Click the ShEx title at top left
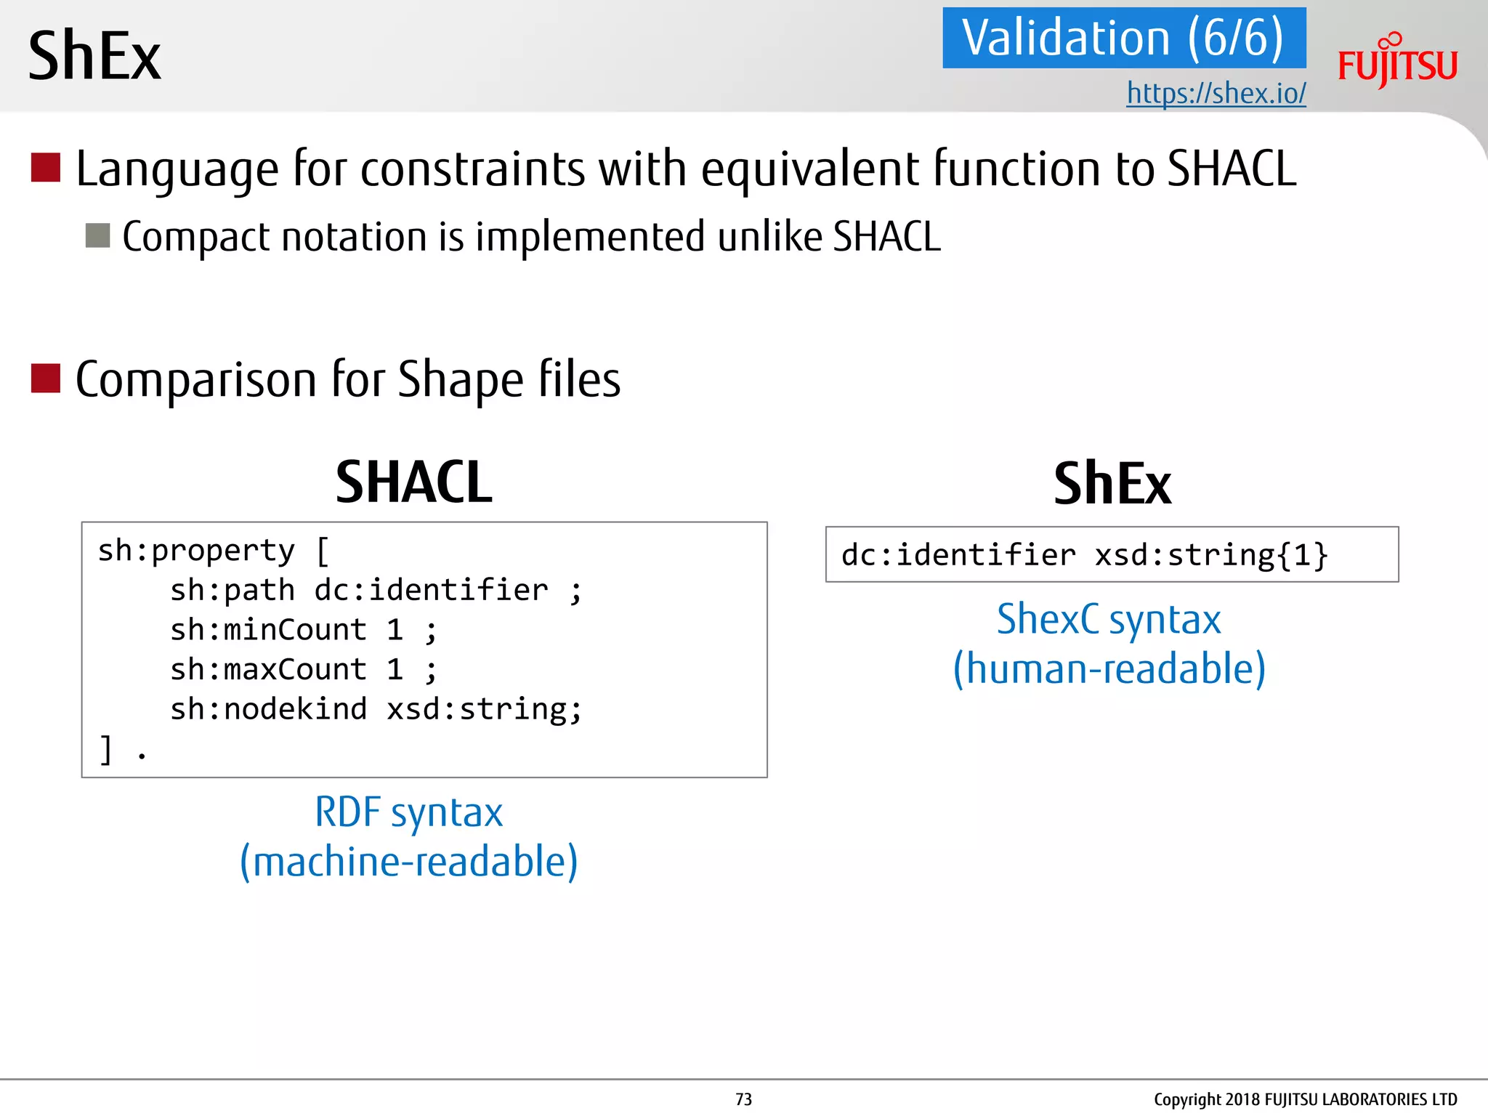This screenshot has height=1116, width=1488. (x=94, y=57)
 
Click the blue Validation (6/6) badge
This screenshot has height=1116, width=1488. (x=1123, y=38)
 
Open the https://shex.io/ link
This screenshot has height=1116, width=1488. (x=1216, y=93)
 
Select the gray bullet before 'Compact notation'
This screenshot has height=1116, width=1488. (x=97, y=235)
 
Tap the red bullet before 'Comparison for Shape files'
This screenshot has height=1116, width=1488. (x=45, y=378)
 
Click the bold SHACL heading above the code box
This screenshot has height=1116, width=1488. (x=413, y=482)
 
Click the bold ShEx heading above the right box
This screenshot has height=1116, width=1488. (x=1112, y=484)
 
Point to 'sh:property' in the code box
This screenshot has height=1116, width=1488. (x=196, y=551)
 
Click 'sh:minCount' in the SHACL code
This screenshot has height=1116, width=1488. (x=268, y=630)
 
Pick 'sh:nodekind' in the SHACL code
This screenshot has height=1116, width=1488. (x=268, y=709)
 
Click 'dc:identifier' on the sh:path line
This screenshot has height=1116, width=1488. (x=431, y=590)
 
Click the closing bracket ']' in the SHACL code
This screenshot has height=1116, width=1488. (x=107, y=749)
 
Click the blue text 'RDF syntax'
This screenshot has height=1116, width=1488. (x=408, y=812)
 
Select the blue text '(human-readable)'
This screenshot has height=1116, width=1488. (x=1109, y=668)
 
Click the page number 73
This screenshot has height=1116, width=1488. (x=743, y=1099)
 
